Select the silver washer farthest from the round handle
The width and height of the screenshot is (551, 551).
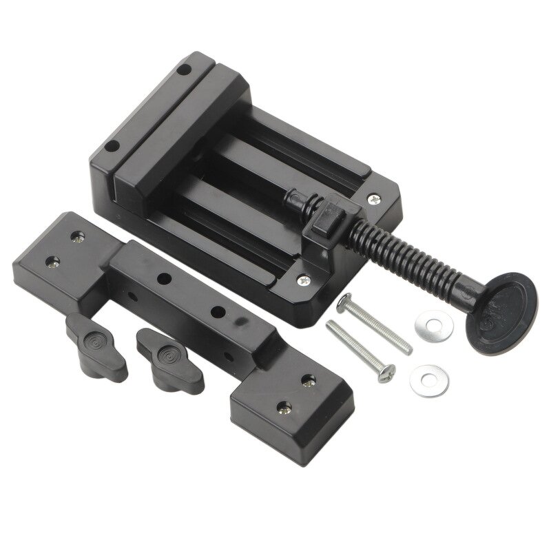428,380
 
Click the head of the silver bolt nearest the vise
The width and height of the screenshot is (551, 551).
344,302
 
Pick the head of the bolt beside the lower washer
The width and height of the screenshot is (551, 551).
387,372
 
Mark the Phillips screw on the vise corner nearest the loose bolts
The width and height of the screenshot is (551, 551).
305,281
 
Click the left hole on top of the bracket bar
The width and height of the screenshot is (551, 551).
165,278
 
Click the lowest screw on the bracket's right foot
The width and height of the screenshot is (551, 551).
283,408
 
